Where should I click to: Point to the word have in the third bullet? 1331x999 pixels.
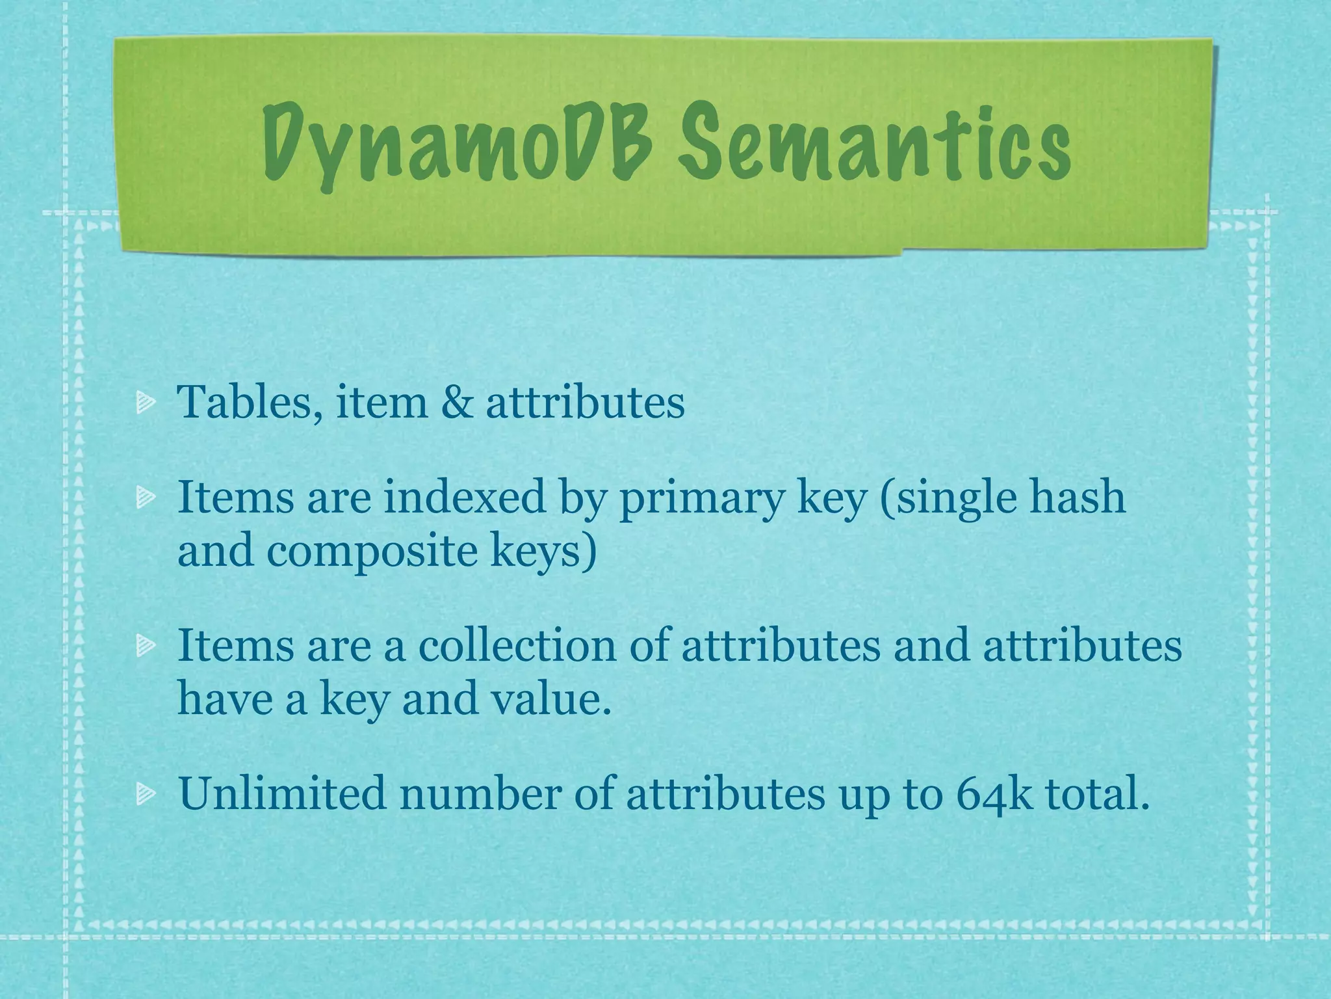click(x=220, y=699)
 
